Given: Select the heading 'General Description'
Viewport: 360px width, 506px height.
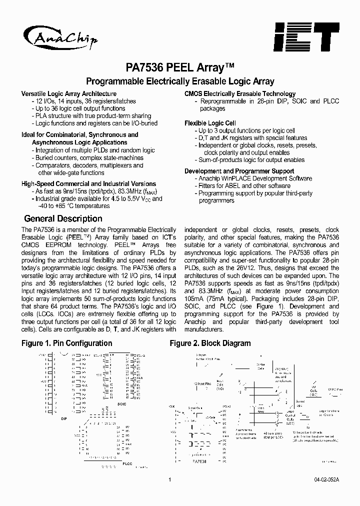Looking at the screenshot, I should pyautogui.click(x=63, y=218).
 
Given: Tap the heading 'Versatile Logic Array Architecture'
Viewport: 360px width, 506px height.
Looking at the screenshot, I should pyautogui.click(x=69, y=93).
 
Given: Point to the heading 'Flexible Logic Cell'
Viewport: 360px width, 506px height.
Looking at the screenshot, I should pyautogui.click(x=210, y=123).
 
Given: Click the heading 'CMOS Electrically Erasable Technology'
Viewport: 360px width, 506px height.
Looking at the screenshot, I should pyautogui.click(x=240, y=93).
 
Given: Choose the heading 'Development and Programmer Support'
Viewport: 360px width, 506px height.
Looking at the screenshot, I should pyautogui.click(x=239, y=171).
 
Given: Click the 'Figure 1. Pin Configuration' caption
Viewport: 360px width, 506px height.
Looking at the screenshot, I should pyautogui.click(x=66, y=343).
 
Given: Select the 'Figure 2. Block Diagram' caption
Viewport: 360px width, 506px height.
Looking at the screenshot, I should pyautogui.click(x=210, y=343).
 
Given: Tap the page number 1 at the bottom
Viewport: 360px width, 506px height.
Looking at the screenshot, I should pyautogui.click(x=170, y=480).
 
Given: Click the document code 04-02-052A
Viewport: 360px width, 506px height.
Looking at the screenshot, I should pyautogui.click(x=326, y=480).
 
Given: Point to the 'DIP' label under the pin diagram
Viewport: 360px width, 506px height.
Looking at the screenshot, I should pyautogui.click(x=63, y=419).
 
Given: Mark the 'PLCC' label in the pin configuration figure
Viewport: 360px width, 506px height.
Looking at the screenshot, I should pyautogui.click(x=127, y=464).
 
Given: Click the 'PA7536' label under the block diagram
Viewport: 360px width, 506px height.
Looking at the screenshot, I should pyautogui.click(x=198, y=461).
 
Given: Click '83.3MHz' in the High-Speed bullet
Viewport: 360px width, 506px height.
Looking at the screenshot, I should pyautogui.click(x=112, y=191).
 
